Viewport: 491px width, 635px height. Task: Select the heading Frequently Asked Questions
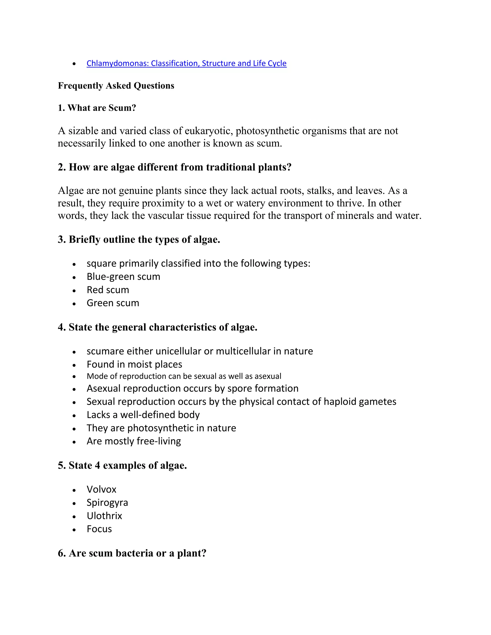click(116, 86)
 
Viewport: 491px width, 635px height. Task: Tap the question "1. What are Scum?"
click(97, 108)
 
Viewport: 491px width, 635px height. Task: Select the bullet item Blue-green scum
click(123, 277)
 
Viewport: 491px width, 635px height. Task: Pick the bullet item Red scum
click(108, 290)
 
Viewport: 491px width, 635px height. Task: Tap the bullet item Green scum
click(113, 303)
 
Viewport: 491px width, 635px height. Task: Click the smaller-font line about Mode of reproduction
click(184, 376)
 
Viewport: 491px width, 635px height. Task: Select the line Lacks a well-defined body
click(143, 415)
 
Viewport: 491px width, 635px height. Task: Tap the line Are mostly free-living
click(134, 441)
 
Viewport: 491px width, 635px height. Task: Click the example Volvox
click(101, 489)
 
